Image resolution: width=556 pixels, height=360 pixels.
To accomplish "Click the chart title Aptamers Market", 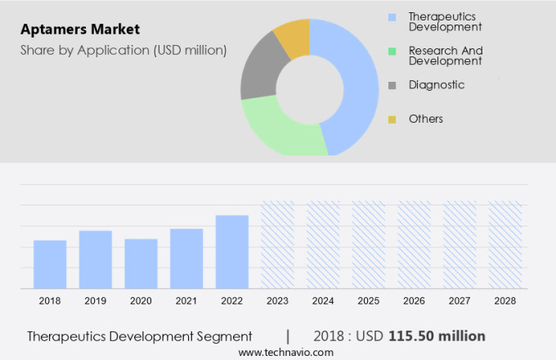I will tap(80, 29).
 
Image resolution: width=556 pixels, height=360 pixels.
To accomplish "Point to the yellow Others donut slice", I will tap(293, 38).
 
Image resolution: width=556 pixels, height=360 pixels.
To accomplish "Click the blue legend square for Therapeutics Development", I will tap(392, 16).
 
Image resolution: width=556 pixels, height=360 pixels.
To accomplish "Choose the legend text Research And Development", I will tap(446, 56).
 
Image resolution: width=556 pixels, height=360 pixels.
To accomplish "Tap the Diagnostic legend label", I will tap(437, 85).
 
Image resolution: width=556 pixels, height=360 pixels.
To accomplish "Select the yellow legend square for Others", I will tap(392, 119).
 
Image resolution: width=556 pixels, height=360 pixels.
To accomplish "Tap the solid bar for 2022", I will tap(232, 251).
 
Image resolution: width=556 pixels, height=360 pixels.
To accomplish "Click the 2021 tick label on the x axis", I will tap(186, 301).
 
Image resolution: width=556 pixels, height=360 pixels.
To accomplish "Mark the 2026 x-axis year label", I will tap(414, 301).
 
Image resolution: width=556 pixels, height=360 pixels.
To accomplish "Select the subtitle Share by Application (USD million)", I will tap(123, 51).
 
